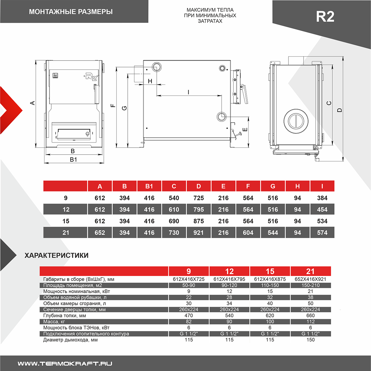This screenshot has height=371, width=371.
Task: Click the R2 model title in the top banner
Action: tap(325, 16)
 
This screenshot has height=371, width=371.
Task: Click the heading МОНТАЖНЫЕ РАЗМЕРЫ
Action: tap(71, 12)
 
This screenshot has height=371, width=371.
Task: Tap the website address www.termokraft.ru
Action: tap(65, 364)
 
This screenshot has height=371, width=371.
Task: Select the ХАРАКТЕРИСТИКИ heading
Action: tap(57, 255)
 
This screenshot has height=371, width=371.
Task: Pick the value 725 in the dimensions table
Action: tap(198, 198)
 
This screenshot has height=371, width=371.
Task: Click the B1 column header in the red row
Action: tap(149, 186)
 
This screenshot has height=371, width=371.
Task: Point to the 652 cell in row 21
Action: tap(100, 233)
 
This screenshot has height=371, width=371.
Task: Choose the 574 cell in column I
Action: tap(322, 233)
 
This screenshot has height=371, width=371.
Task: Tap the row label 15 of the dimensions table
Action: tap(66, 221)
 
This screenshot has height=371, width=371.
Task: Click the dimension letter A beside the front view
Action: tap(32, 103)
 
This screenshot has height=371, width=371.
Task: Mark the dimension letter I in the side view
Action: tap(188, 92)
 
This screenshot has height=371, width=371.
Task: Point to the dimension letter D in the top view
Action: tap(339, 110)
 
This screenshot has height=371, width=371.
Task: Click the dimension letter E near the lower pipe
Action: tap(245, 130)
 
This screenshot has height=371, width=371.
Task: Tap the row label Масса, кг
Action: tap(54, 322)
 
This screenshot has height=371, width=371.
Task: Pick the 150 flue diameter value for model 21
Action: tap(310, 340)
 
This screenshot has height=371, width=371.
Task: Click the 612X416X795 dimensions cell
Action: tap(229, 279)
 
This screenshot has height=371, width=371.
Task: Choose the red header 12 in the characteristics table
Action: tap(229, 271)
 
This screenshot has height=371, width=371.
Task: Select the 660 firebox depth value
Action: tap(310, 316)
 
